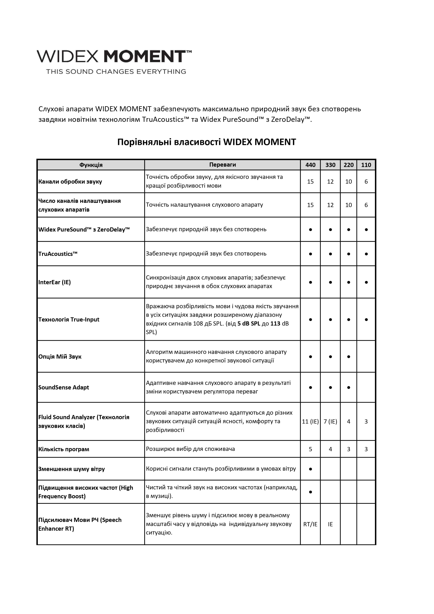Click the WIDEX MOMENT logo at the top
pyautogui.click(x=114, y=56)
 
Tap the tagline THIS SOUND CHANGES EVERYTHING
pyautogui.click(x=116, y=72)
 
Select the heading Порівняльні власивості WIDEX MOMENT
pyautogui.click(x=206, y=142)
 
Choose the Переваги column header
pyautogui.click(x=222, y=165)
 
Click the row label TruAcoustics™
pyautogui.click(x=58, y=254)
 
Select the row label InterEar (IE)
pyautogui.click(x=55, y=282)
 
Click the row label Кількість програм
pyautogui.click(x=64, y=449)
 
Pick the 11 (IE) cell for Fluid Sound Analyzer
pyautogui.click(x=310, y=421)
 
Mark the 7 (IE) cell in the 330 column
pyautogui.click(x=330, y=421)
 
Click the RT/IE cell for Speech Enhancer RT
pyautogui.click(x=310, y=524)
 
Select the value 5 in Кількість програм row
pyautogui.click(x=310, y=449)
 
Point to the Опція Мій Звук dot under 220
pyautogui.click(x=348, y=357)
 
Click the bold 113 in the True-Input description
pyautogui.click(x=275, y=324)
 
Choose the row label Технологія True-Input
pyautogui.click(x=69, y=320)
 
